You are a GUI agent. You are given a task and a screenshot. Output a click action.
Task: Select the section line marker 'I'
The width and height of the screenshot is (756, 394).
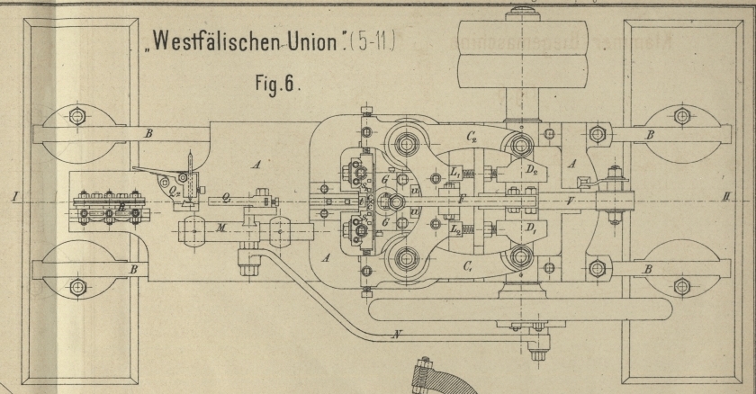pyautogui.click(x=13, y=194)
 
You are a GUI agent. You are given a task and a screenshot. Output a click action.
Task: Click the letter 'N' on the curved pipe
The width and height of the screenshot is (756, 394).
pyautogui.click(x=396, y=335)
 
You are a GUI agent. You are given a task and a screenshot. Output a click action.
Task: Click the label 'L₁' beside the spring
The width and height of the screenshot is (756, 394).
pyautogui.click(x=456, y=172)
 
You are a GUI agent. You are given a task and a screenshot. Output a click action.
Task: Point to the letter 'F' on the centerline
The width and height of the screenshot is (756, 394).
pyautogui.click(x=460, y=199)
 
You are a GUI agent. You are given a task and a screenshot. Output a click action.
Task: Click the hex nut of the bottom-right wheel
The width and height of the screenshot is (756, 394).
pyautogui.click(x=682, y=286)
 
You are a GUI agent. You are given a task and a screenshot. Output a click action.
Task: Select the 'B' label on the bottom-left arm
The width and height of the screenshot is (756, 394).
pyautogui.click(x=133, y=269)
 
